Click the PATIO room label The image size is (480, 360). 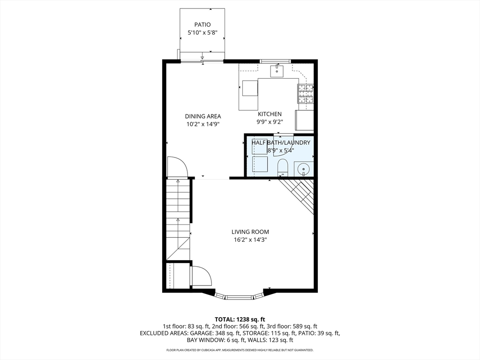(202, 24)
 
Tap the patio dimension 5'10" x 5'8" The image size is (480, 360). (202, 33)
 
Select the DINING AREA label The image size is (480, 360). (202, 116)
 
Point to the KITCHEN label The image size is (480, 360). (270, 114)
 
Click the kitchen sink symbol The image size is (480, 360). (277, 71)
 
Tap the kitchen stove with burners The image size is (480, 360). (305, 94)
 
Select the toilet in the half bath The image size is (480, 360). (283, 167)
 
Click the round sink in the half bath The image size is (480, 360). (304, 168)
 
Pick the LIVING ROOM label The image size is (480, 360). (250, 232)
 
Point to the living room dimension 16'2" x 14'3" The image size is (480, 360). (250, 240)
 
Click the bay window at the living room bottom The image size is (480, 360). (240, 296)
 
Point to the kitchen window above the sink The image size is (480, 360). (275, 60)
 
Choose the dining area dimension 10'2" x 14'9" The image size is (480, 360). (202, 124)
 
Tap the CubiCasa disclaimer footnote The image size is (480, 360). (240, 350)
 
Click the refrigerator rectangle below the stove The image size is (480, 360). (304, 120)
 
